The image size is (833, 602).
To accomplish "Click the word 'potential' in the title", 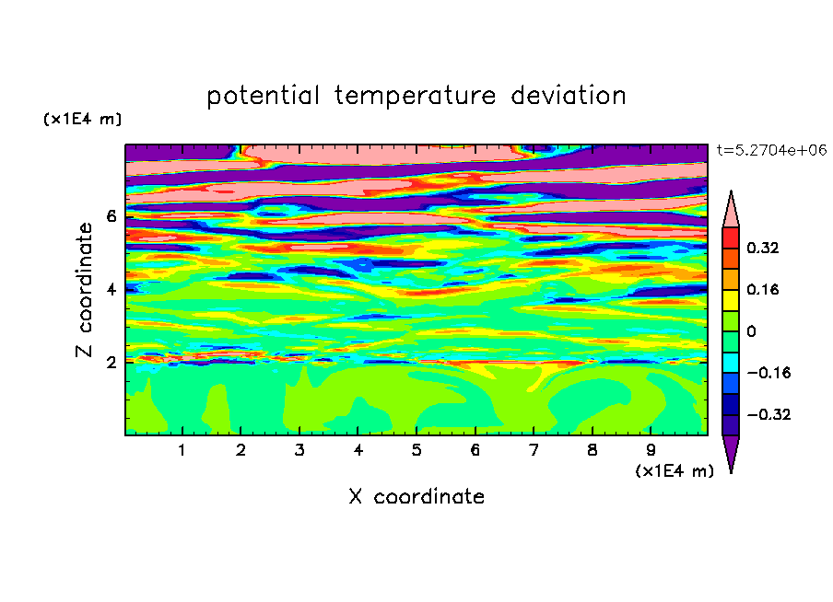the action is [263, 97].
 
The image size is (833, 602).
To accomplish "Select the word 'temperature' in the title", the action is [415, 97].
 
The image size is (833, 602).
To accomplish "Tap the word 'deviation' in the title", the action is [568, 96].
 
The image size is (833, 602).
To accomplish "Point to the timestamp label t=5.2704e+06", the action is [771, 151].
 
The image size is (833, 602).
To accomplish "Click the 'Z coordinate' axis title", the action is [84, 290].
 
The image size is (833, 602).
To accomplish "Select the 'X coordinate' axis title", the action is [416, 496].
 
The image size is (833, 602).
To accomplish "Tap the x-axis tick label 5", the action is [416, 450].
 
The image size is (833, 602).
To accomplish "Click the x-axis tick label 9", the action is [651, 450].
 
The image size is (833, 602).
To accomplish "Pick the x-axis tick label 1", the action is [182, 450].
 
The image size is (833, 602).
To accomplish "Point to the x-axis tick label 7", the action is [534, 450].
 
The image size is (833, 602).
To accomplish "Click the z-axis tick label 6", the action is [111, 216].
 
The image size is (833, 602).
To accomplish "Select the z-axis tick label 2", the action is [111, 362].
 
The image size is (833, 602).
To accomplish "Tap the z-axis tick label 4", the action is [111, 289].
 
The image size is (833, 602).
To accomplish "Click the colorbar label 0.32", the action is [762, 248].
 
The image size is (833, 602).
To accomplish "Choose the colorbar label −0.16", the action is [768, 373].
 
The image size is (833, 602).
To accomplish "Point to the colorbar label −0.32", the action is [768, 414].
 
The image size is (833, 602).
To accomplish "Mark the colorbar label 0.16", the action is [762, 289].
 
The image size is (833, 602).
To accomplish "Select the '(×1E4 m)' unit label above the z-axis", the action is [82, 119].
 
